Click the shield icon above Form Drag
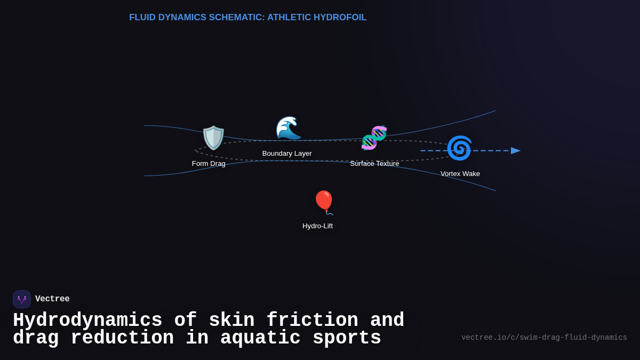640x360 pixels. coord(213,138)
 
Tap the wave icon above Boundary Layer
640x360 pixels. coord(288,128)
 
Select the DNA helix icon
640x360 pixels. coord(374,138)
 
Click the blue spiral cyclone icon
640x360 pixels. coord(459,148)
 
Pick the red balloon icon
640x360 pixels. coord(324,202)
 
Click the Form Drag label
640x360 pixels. coord(209,164)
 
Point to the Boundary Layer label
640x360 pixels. coord(287,154)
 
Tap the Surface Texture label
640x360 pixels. coord(374,164)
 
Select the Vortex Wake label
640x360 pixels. coord(460,174)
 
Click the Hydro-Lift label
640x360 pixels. coord(317,226)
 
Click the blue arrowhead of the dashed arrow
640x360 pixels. coord(516,151)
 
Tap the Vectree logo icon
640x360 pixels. coord(22,299)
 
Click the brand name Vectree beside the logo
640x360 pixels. coord(52,299)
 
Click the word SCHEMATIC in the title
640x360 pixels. coord(236,18)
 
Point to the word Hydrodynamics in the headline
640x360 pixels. coord(87,321)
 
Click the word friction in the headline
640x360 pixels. coord(312,321)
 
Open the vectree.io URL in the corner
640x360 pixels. coord(544,338)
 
